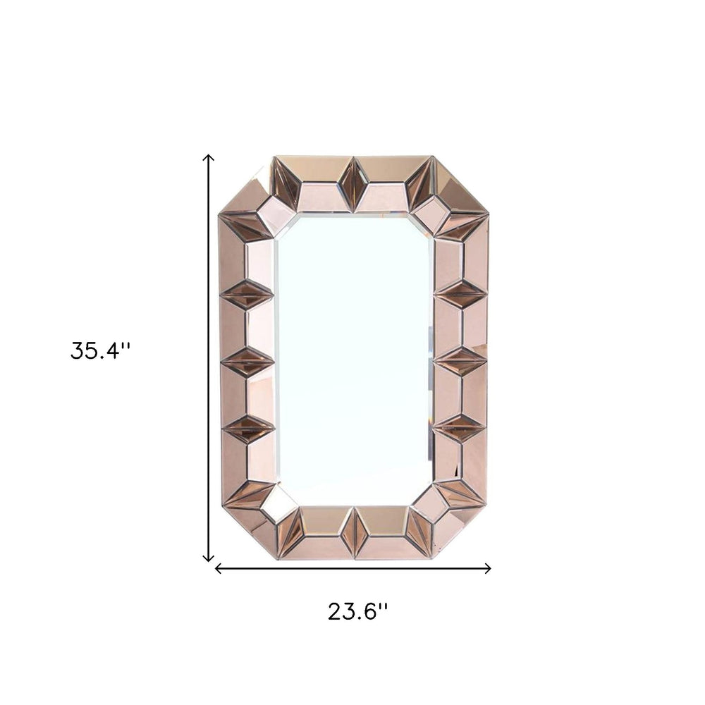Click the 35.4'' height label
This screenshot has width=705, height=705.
point(100,350)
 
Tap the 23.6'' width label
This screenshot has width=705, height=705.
point(357,611)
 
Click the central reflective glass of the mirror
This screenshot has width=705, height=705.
point(354,360)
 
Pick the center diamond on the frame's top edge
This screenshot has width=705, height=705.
point(353,185)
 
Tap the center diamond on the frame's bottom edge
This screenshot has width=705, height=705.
point(354,532)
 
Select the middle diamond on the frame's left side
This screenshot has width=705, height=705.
point(246,361)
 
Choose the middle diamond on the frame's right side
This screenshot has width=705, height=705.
point(461,361)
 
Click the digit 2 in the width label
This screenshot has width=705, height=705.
point(335,611)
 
